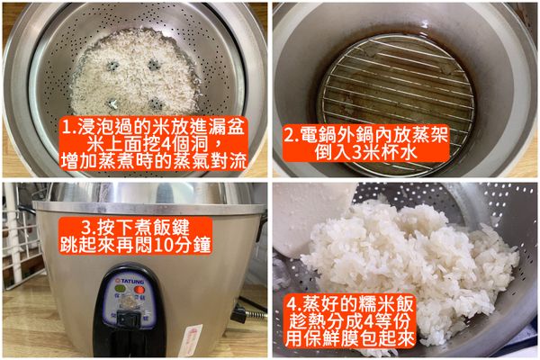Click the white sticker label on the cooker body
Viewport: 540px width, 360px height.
coord(191,339)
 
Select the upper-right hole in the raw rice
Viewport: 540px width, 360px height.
coord(154,64)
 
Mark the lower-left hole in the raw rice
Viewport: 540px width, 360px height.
coord(113,103)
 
